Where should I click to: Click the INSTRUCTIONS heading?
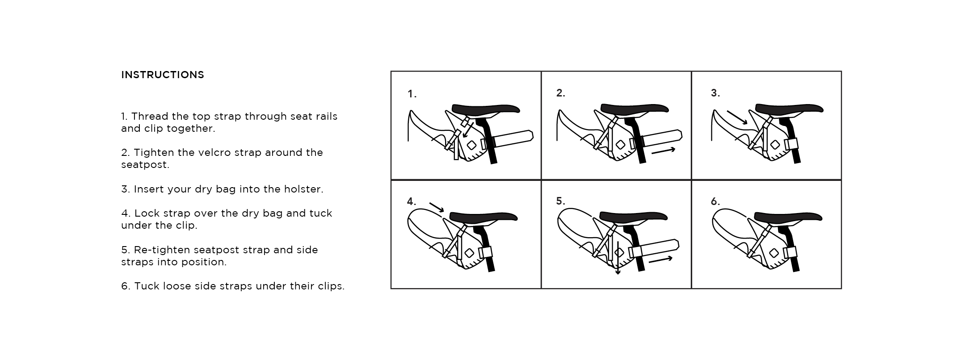(x=163, y=75)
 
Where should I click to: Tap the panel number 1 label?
(x=412, y=94)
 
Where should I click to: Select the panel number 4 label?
(x=411, y=201)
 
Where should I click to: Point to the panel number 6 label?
(x=715, y=201)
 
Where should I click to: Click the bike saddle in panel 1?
(x=486, y=109)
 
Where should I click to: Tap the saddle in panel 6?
(x=788, y=217)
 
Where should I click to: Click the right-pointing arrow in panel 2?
(x=664, y=151)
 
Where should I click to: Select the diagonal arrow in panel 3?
(x=737, y=117)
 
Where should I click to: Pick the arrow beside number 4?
(x=437, y=207)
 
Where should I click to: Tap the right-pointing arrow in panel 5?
(x=660, y=260)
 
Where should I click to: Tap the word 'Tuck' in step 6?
(x=147, y=286)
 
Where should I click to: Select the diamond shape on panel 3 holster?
(x=775, y=145)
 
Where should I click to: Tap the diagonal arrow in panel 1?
(x=468, y=130)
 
